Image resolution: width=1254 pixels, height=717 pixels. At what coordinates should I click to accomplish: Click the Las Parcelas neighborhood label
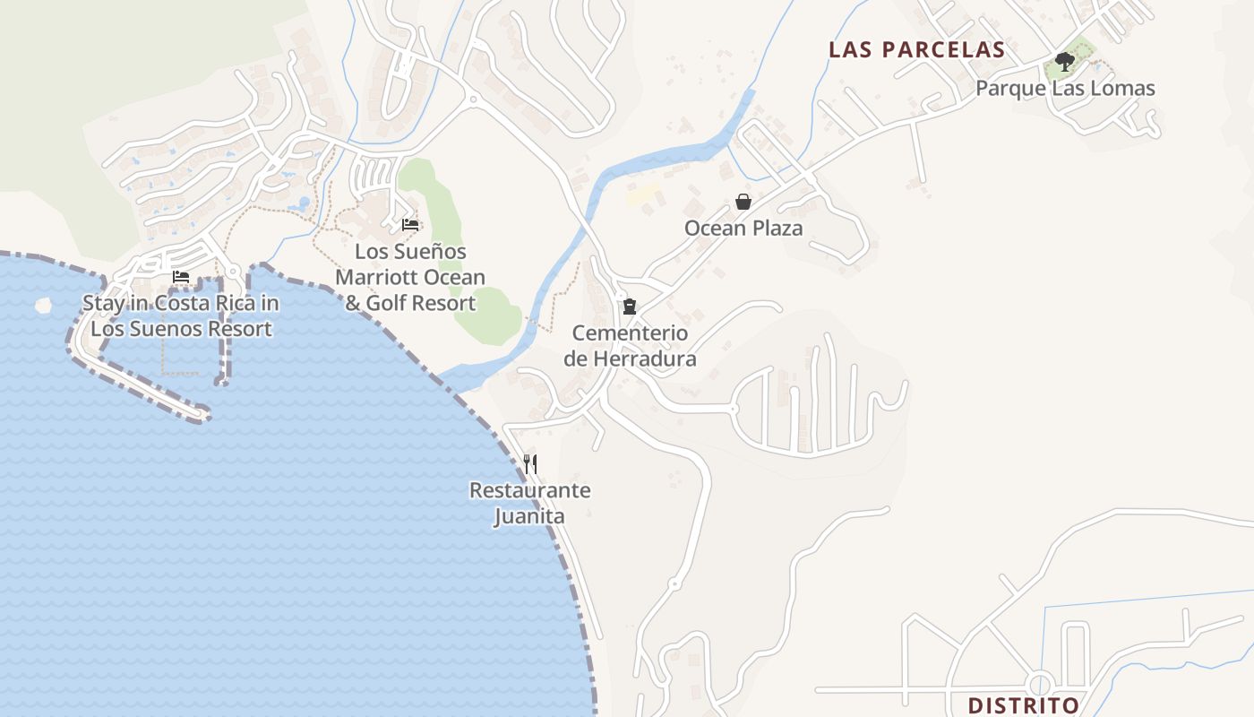pyautogui.click(x=916, y=49)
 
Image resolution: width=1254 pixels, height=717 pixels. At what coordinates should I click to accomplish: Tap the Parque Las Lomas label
pyautogui.click(x=1065, y=88)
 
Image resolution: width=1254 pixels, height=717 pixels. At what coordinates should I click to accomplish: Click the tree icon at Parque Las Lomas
pyautogui.click(x=1065, y=62)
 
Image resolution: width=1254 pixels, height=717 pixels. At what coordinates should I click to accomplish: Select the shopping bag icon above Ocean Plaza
pyautogui.click(x=743, y=202)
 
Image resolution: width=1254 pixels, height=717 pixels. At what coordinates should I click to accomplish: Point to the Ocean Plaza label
pyautogui.click(x=743, y=229)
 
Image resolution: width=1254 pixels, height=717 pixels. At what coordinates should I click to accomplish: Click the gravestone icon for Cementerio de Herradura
pyautogui.click(x=630, y=307)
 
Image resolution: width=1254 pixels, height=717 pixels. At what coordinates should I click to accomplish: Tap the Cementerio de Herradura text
pyautogui.click(x=630, y=346)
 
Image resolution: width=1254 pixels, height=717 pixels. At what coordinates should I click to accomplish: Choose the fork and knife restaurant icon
pyautogui.click(x=530, y=463)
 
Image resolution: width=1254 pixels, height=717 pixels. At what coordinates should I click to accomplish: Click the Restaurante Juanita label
pyautogui.click(x=529, y=503)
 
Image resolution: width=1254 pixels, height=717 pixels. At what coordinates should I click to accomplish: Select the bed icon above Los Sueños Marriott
pyautogui.click(x=410, y=224)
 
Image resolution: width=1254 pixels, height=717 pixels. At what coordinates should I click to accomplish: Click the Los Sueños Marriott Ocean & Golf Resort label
pyautogui.click(x=410, y=277)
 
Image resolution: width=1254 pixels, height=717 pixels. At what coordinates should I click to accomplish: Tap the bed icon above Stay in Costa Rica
pyautogui.click(x=181, y=277)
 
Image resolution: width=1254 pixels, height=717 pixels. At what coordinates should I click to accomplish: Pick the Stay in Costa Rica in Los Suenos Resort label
pyautogui.click(x=181, y=315)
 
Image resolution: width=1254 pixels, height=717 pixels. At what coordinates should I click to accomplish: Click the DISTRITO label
pyautogui.click(x=1024, y=705)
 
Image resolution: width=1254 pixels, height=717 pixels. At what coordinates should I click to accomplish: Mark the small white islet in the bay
pyautogui.click(x=43, y=306)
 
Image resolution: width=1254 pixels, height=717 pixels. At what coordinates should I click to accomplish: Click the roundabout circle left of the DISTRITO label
pyautogui.click(x=1041, y=684)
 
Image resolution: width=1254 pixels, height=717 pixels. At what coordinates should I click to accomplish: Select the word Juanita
pyautogui.click(x=529, y=516)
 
